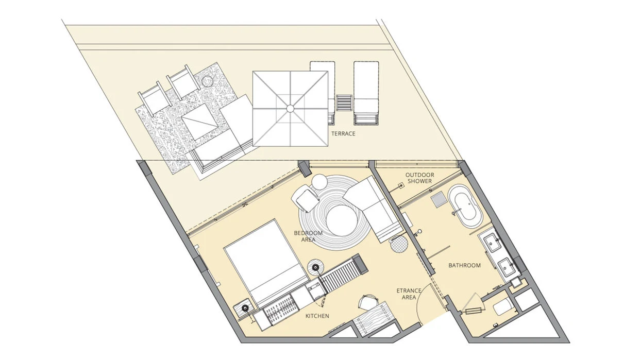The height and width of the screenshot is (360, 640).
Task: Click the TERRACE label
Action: [343, 133]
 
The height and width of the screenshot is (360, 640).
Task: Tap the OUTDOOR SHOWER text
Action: [419, 178]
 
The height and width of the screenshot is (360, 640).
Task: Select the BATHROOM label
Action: [464, 266]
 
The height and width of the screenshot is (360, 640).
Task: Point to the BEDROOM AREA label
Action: [308, 236]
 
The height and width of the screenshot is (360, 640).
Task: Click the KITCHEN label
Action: [317, 316]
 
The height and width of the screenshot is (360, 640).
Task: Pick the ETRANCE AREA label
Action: [409, 294]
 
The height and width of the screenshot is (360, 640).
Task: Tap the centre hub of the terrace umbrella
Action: [290, 109]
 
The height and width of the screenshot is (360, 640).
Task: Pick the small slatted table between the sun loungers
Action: [344, 102]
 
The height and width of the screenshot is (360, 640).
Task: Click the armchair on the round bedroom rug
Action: [306, 198]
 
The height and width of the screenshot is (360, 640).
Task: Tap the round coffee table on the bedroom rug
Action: [342, 220]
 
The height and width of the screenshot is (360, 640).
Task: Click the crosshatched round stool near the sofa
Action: [399, 244]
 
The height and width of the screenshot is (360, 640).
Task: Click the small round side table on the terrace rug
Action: [207, 81]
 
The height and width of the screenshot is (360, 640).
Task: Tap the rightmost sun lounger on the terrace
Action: [366, 93]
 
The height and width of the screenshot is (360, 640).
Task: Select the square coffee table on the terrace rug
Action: [200, 122]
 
